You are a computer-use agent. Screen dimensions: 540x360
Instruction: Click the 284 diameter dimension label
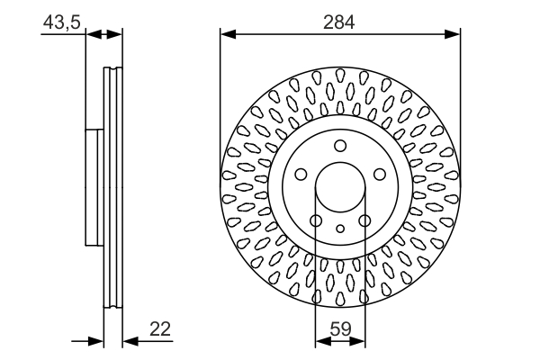[x=339, y=22]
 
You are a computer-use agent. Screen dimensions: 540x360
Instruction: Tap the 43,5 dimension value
[x=61, y=22]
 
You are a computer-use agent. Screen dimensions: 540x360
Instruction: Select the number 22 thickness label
[x=160, y=329]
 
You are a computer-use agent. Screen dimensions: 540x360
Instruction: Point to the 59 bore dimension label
[x=340, y=328]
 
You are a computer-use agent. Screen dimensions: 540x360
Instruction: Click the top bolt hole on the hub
[x=340, y=146]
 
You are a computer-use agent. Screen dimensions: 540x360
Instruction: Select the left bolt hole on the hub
[x=301, y=175]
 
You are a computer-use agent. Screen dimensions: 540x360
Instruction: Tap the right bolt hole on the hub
[x=380, y=175]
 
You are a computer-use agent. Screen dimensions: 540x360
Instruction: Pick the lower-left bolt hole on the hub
[x=316, y=220]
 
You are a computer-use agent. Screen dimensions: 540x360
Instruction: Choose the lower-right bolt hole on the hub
[x=364, y=220]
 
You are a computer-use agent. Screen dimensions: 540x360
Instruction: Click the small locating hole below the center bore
[x=340, y=228]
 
